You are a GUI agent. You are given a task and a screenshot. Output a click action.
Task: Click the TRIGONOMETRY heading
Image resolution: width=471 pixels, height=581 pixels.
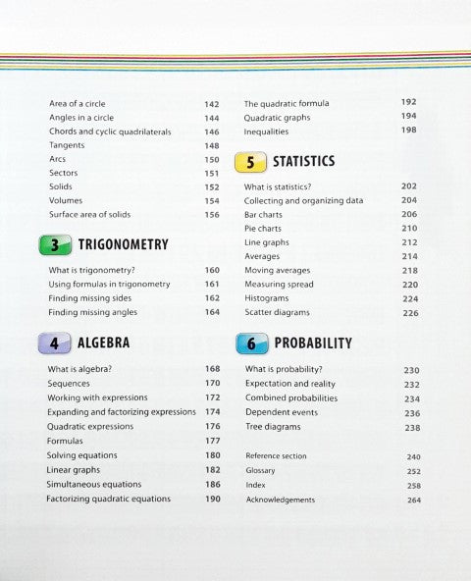[123, 245]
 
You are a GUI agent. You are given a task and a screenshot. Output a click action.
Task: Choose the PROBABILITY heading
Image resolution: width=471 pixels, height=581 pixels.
[313, 343]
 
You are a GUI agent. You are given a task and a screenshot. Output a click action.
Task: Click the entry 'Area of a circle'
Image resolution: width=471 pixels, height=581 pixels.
[78, 104]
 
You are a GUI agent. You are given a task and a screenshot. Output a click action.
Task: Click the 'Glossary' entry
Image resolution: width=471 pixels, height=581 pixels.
[260, 470]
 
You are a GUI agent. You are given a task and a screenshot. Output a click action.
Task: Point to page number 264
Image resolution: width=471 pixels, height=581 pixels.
[413, 500]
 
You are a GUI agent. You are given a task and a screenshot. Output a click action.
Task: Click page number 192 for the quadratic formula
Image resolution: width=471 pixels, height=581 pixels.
[409, 102]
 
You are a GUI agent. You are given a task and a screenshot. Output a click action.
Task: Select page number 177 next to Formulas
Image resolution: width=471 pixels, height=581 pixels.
[212, 442]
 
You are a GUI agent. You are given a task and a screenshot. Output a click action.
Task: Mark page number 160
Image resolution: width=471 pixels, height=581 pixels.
[212, 270]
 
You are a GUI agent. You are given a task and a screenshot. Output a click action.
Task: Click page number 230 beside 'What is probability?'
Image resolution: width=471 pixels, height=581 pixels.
[411, 371]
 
